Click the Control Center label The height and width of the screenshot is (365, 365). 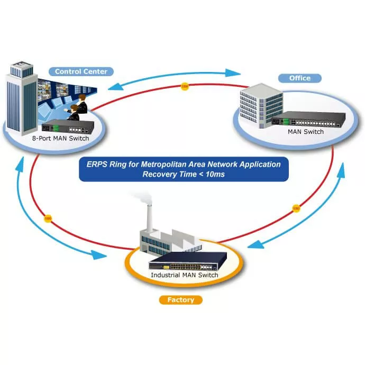[80, 71]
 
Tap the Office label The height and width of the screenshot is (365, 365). [299, 78]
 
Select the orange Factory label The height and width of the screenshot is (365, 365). [180, 300]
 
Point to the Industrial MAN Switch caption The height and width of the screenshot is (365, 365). [184, 275]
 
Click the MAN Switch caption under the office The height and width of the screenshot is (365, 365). [305, 131]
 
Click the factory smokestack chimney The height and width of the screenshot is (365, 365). [150, 217]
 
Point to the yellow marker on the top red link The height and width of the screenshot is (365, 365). [184, 86]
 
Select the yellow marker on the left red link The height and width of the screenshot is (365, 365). [48, 217]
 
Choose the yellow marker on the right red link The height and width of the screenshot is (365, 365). [296, 209]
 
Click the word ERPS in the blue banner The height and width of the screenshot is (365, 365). [97, 165]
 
